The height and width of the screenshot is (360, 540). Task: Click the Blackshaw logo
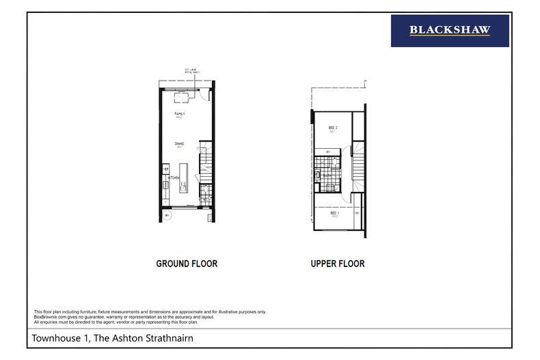pos(450,30)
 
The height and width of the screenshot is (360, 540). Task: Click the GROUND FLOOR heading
pos(187,264)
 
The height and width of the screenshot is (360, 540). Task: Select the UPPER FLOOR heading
pos(338,264)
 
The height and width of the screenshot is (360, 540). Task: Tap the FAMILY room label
pos(180,113)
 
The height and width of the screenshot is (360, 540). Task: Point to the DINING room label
pos(179,143)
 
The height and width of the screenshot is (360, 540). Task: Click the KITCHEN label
pos(174,178)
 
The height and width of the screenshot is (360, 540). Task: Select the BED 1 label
pos(334,213)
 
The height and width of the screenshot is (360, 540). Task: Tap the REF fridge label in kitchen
pos(165,167)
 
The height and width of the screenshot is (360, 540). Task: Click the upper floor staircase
pos(358,167)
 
